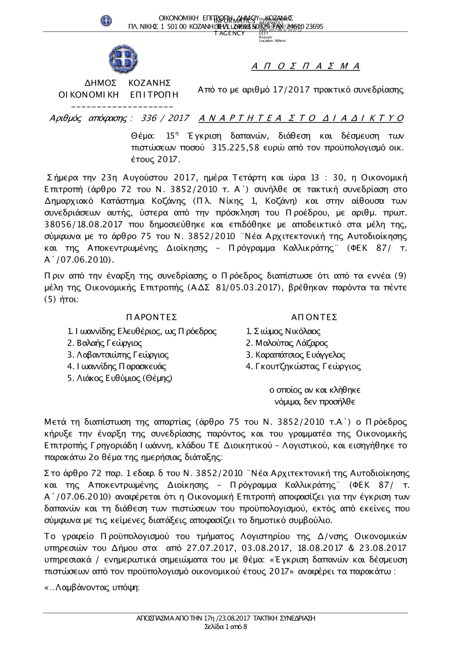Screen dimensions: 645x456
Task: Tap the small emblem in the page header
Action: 106,20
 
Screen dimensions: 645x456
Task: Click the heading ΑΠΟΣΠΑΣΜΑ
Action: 306,67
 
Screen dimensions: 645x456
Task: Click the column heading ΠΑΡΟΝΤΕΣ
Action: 150,317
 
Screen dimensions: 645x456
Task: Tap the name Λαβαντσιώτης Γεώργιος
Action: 118,355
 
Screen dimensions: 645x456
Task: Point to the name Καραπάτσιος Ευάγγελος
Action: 295,355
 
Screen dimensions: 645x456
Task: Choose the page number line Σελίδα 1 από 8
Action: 226,627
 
